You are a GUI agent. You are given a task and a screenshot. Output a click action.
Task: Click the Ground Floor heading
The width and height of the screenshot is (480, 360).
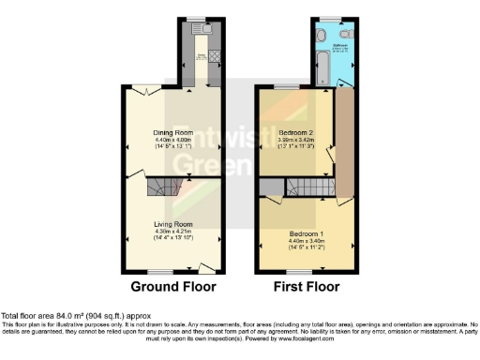coord(172,286)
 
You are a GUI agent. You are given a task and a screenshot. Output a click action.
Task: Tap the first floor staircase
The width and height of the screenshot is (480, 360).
coord(308,190)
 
